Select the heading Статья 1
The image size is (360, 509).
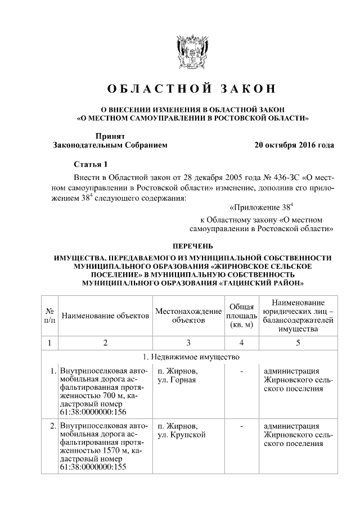pyautogui.click(x=91, y=164)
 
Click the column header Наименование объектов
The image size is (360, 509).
pyautogui.click(x=105, y=316)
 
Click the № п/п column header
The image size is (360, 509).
pyautogui.click(x=49, y=316)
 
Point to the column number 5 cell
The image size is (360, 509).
pyautogui.click(x=298, y=343)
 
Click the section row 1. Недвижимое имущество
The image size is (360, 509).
pyautogui.click(x=192, y=357)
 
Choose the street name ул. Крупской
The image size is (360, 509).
pyautogui.click(x=182, y=435)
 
